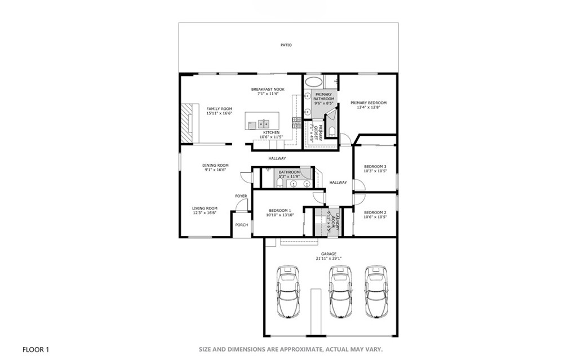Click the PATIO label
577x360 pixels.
287,45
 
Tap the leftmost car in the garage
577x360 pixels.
288,292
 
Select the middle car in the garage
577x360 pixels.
340,292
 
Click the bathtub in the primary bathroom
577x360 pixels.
313,82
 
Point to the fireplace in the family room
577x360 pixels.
186,123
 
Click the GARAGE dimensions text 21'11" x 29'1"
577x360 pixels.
329,259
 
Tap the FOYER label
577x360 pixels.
241,196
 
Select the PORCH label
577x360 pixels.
241,225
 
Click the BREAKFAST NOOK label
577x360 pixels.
268,90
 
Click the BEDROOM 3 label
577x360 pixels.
375,166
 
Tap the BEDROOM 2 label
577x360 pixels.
375,212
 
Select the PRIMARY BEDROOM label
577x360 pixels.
369,103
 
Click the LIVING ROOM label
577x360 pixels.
205,208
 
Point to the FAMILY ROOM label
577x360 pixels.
219,109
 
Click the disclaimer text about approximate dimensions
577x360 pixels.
291,349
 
